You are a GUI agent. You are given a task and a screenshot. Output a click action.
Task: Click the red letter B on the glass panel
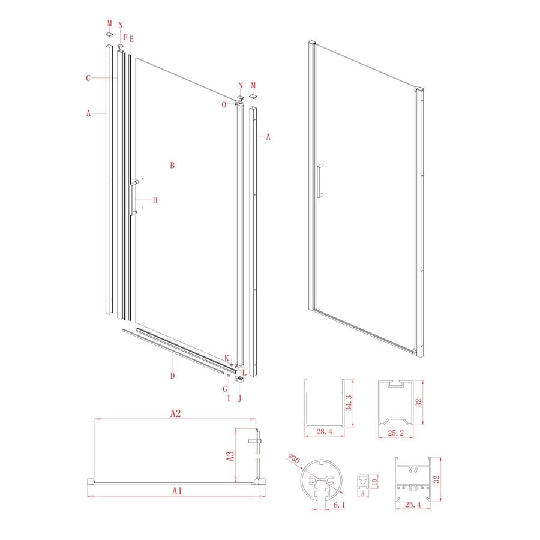(172, 166)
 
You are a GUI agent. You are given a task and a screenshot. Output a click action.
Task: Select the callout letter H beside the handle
(155, 200)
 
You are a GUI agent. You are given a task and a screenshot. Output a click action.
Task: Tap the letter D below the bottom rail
(172, 376)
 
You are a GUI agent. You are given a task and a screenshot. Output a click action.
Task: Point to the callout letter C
(88, 78)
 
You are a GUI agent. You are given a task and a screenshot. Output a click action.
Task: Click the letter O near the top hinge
(224, 104)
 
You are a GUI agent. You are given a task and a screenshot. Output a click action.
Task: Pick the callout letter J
(239, 397)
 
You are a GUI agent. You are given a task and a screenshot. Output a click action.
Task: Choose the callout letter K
(226, 358)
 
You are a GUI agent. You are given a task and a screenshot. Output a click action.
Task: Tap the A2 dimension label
(175, 413)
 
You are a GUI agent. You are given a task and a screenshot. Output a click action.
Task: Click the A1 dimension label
(176, 491)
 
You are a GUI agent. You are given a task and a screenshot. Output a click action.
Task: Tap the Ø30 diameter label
(293, 459)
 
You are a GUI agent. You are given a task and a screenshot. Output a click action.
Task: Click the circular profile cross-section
(322, 480)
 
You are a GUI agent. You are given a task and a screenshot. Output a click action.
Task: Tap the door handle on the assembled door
(320, 179)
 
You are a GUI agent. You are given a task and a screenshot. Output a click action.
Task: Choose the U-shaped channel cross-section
(323, 404)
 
